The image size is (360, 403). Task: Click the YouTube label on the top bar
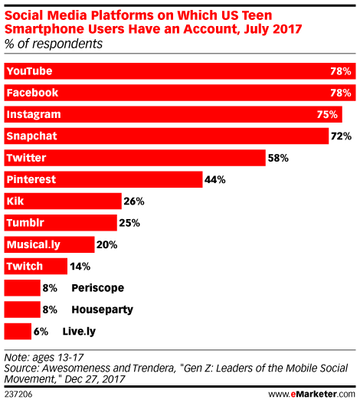(28, 70)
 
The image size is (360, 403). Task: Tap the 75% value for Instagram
(328, 114)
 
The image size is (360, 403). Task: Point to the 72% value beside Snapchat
(341, 136)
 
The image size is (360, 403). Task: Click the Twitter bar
(135, 158)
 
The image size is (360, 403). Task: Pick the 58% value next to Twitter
(278, 158)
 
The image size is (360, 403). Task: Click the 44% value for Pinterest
(214, 179)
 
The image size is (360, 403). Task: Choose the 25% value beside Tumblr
(129, 223)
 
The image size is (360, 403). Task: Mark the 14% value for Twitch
(80, 267)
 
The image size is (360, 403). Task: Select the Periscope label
(97, 288)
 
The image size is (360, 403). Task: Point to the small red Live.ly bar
(18, 331)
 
